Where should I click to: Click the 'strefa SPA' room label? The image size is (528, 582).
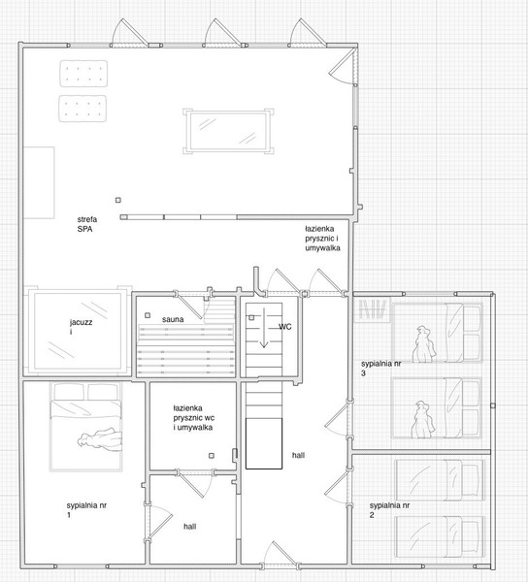coord(87,224)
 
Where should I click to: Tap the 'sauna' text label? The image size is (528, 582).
coord(173,319)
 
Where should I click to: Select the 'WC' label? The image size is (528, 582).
coord(285,327)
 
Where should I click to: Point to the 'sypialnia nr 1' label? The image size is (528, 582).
coord(86,510)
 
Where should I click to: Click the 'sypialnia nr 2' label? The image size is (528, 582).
coord(389,510)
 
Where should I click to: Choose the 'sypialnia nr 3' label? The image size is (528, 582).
coord(381,369)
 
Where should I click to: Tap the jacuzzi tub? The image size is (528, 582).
coord(78,332)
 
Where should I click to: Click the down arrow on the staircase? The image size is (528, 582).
coord(264,328)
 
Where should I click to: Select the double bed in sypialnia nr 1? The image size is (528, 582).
coord(85,427)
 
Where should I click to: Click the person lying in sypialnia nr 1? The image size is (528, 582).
coord(100,439)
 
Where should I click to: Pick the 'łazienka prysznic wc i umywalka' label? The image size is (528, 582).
coord(193,417)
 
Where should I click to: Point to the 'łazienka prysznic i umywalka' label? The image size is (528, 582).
coord(322,239)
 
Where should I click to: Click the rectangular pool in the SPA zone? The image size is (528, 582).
coord(228,131)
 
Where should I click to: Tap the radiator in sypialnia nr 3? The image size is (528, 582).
coord(373,308)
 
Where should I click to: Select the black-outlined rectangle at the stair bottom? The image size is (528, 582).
coord(264,443)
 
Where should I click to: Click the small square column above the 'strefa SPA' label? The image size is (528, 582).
coord(118,200)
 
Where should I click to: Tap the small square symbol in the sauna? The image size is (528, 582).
coord(148,315)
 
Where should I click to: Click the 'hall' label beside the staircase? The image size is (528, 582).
coord(298,455)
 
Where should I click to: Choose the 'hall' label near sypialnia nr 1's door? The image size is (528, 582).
coord(189,527)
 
